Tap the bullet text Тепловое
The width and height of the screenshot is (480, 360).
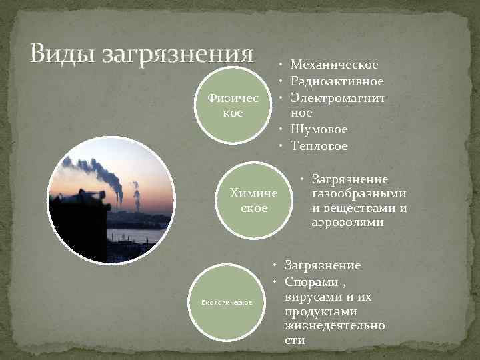319,145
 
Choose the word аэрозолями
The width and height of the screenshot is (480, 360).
347,222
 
